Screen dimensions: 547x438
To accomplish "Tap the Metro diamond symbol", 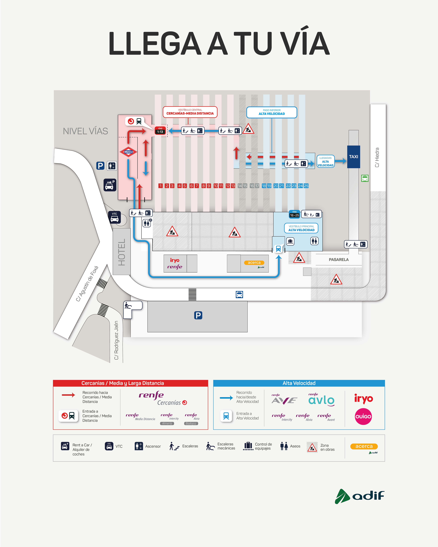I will coord(128,152).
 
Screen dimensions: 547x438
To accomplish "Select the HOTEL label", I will coord(122,252).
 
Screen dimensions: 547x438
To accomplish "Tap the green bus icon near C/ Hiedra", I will coord(365,178).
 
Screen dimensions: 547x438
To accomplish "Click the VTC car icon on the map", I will coord(115,217).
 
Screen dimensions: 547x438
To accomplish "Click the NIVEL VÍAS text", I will coord(85,131).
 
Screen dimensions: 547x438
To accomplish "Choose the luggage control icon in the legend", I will coord(248,446).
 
